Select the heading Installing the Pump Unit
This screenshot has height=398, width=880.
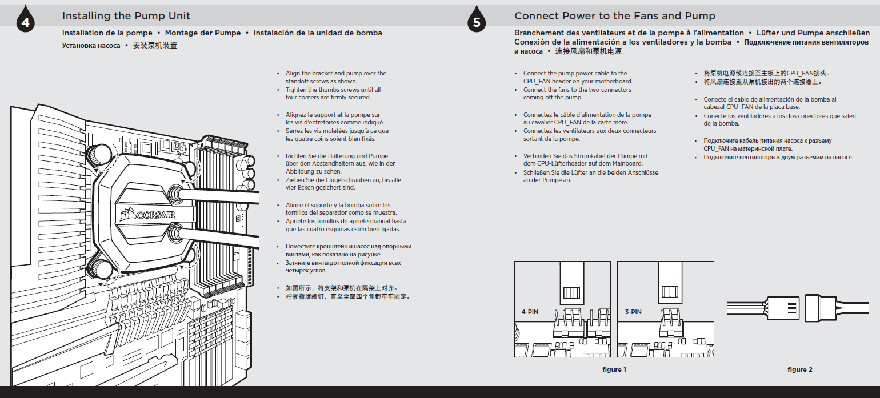point(126,16)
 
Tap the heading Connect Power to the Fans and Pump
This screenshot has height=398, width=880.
point(614,16)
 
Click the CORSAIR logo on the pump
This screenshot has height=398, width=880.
point(148,215)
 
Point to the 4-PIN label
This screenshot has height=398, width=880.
point(531,312)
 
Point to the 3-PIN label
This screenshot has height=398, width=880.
point(633,312)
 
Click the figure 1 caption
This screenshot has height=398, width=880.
point(614,369)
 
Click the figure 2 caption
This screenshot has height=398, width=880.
point(799,369)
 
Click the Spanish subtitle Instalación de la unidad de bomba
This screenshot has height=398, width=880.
point(318,33)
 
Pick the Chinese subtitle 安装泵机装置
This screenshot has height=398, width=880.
point(155,45)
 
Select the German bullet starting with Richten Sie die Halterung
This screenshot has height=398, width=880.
point(340,164)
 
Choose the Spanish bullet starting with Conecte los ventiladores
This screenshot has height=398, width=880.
point(779,120)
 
